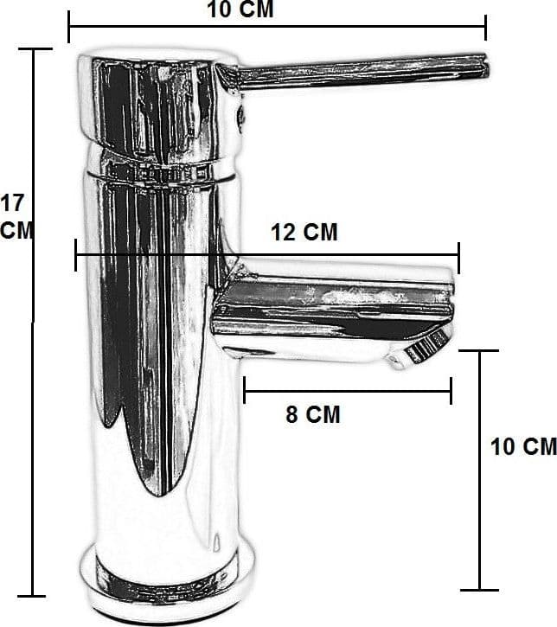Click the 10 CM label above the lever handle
pyautogui.click(x=240, y=9)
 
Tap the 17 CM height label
pyautogui.click(x=16, y=216)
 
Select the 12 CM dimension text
pyautogui.click(x=304, y=232)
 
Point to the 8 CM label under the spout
pyautogui.click(x=313, y=414)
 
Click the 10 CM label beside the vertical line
pyautogui.click(x=523, y=446)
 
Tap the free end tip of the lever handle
pyautogui.click(x=488, y=66)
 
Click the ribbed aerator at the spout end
pyautogui.click(x=426, y=346)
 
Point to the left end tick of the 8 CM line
pyautogui.click(x=244, y=390)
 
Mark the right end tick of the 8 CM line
pyautogui.click(x=451, y=390)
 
